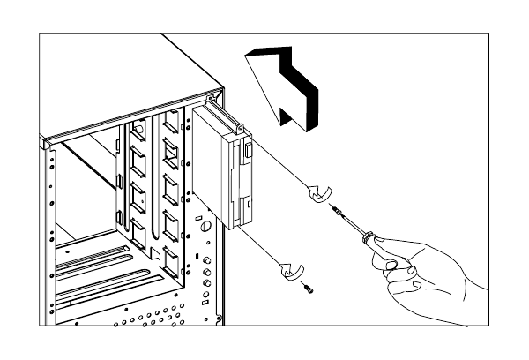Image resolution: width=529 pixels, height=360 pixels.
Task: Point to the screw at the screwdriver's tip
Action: tap(338, 210)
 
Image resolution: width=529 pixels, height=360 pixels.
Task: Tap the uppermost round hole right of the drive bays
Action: tap(205, 228)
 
